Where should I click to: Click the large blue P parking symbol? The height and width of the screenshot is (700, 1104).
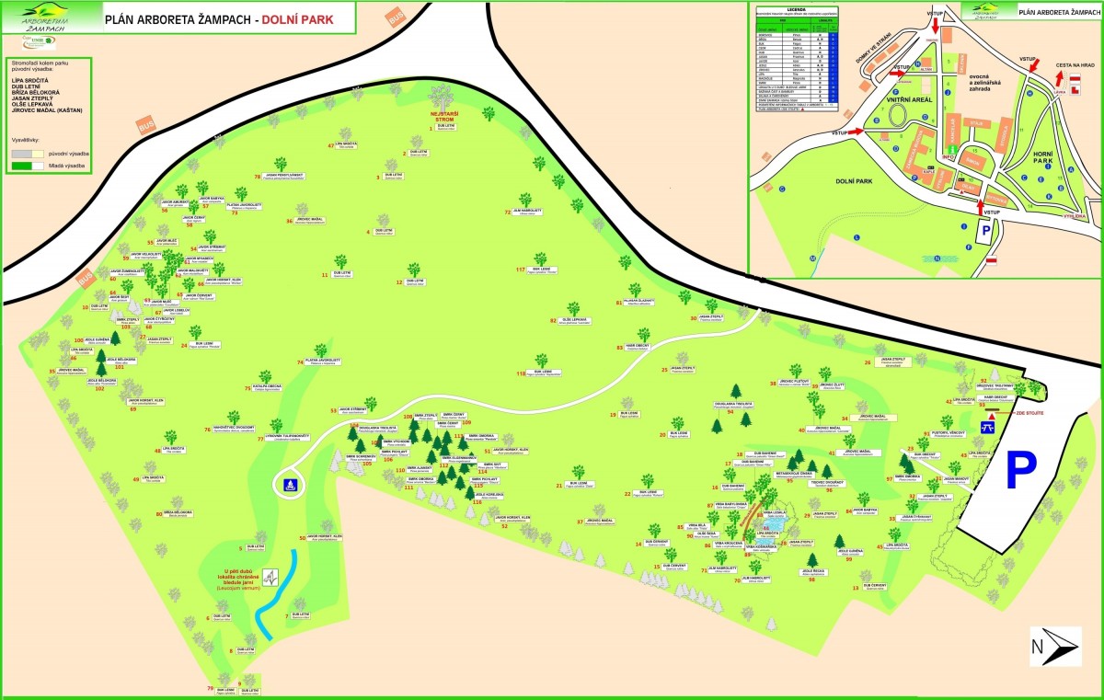pos(1019,470)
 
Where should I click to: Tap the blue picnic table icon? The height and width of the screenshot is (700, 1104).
pos(987,427)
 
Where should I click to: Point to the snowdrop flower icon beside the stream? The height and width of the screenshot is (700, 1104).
pos(270,577)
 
